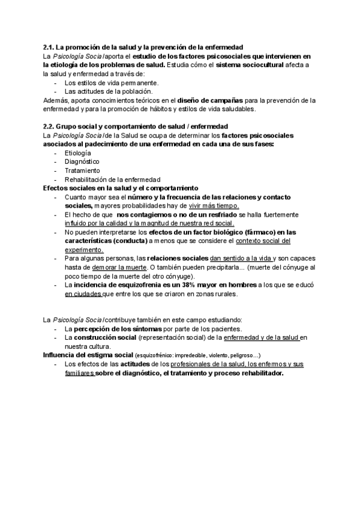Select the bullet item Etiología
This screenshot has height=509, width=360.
click(x=78, y=154)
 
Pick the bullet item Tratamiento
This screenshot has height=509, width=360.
click(x=82, y=170)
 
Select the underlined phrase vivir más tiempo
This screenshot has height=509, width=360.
click(x=214, y=206)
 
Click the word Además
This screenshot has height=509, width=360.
click(x=55, y=100)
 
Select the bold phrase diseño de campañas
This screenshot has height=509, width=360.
click(x=208, y=100)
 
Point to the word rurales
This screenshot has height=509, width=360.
click(x=224, y=294)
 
